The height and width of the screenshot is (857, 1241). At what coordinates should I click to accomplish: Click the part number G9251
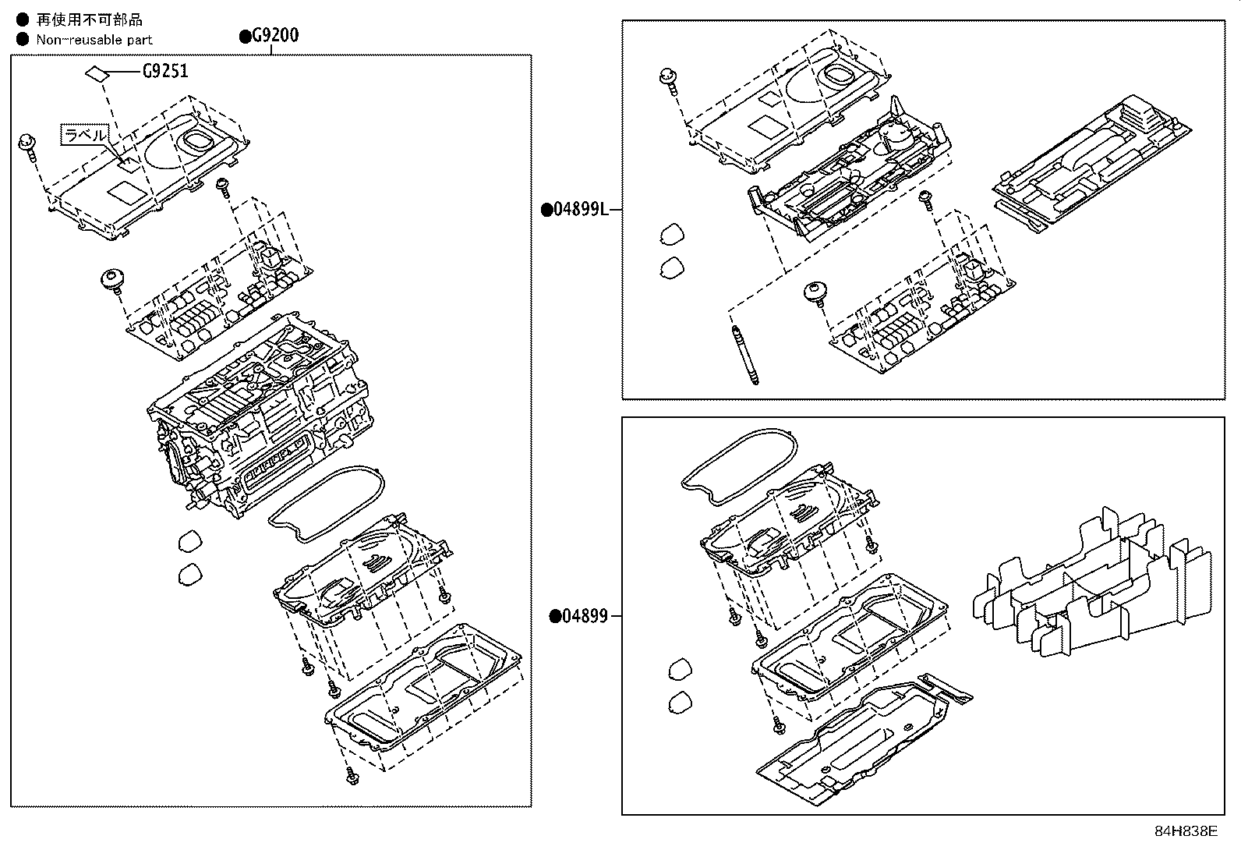pos(165,72)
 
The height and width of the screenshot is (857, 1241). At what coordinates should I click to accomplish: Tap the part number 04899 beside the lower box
pos(584,616)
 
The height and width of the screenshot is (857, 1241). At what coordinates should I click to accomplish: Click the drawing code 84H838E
pos(1185,831)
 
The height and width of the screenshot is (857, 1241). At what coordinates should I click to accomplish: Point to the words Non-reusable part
pos(94,40)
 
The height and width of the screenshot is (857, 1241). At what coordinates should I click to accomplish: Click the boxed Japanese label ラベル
pos(84,135)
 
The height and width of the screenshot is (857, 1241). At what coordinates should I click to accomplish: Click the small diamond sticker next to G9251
pos(97,73)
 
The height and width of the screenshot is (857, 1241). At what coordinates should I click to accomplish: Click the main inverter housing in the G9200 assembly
pos(257,413)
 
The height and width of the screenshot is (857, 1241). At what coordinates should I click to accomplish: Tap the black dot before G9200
pos(245,35)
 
